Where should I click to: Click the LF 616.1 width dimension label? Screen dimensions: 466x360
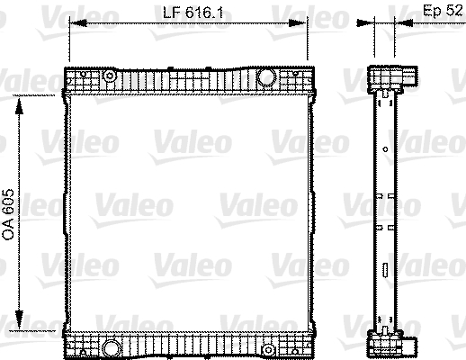pos(193,13)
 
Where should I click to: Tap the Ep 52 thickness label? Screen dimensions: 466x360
pos(443,11)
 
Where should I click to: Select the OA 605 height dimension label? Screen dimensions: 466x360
pos(8,214)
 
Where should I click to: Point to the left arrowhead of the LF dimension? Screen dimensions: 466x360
pos(78,22)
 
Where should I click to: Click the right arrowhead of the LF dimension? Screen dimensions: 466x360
pos(298,22)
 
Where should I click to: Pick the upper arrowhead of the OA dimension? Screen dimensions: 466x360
pos(19,105)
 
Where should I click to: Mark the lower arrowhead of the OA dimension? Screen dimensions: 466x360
pos(19,320)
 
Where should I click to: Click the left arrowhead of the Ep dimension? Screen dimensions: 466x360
pos(365,22)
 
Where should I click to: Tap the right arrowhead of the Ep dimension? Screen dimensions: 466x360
pos(404,22)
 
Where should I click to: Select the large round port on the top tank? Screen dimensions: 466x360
pos(266,76)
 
